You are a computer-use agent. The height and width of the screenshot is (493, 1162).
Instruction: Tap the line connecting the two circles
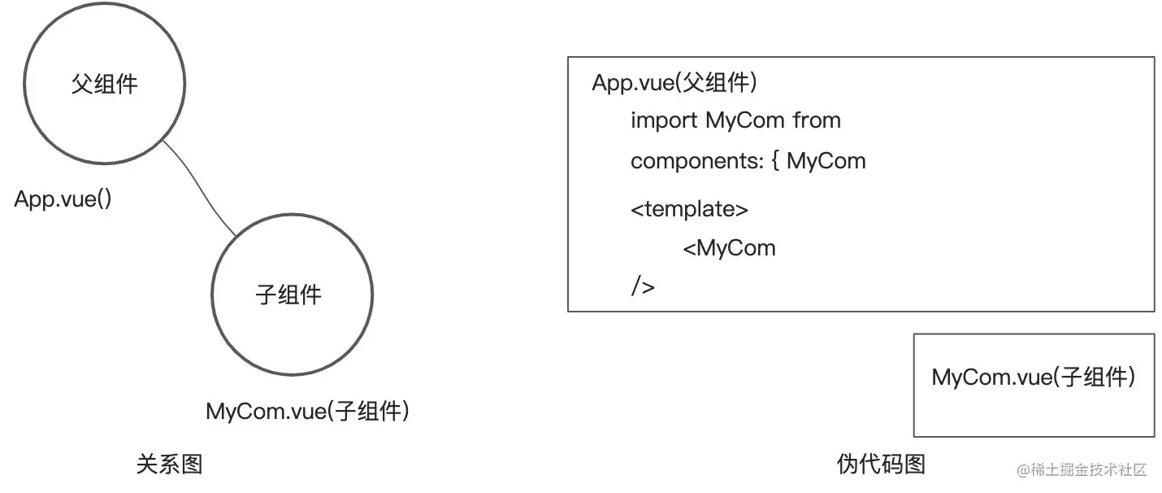tap(200, 188)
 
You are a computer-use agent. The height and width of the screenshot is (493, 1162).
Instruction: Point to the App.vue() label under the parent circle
tap(63, 199)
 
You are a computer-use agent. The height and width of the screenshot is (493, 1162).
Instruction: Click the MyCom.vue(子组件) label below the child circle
tap(307, 411)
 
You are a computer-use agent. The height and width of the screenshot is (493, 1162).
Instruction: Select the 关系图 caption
tap(169, 465)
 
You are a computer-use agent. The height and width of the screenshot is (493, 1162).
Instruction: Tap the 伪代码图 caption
tap(881, 465)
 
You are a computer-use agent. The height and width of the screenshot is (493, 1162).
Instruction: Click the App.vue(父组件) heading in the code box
tap(674, 83)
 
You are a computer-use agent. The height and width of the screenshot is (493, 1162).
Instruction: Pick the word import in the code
tap(664, 120)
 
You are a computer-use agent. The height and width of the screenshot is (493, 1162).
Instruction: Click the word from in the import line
tap(817, 120)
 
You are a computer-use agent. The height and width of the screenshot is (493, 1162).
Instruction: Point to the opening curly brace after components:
tap(774, 161)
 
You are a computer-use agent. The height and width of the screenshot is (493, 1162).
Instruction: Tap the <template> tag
tap(689, 209)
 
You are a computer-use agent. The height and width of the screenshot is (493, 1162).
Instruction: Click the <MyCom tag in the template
tap(729, 248)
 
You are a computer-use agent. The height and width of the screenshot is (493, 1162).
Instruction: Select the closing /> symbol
tap(642, 286)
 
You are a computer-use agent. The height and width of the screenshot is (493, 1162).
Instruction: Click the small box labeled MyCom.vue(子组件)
tap(1033, 385)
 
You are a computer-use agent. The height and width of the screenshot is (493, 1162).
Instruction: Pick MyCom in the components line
tap(826, 161)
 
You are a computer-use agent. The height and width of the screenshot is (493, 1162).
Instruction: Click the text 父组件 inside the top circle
tap(104, 84)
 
